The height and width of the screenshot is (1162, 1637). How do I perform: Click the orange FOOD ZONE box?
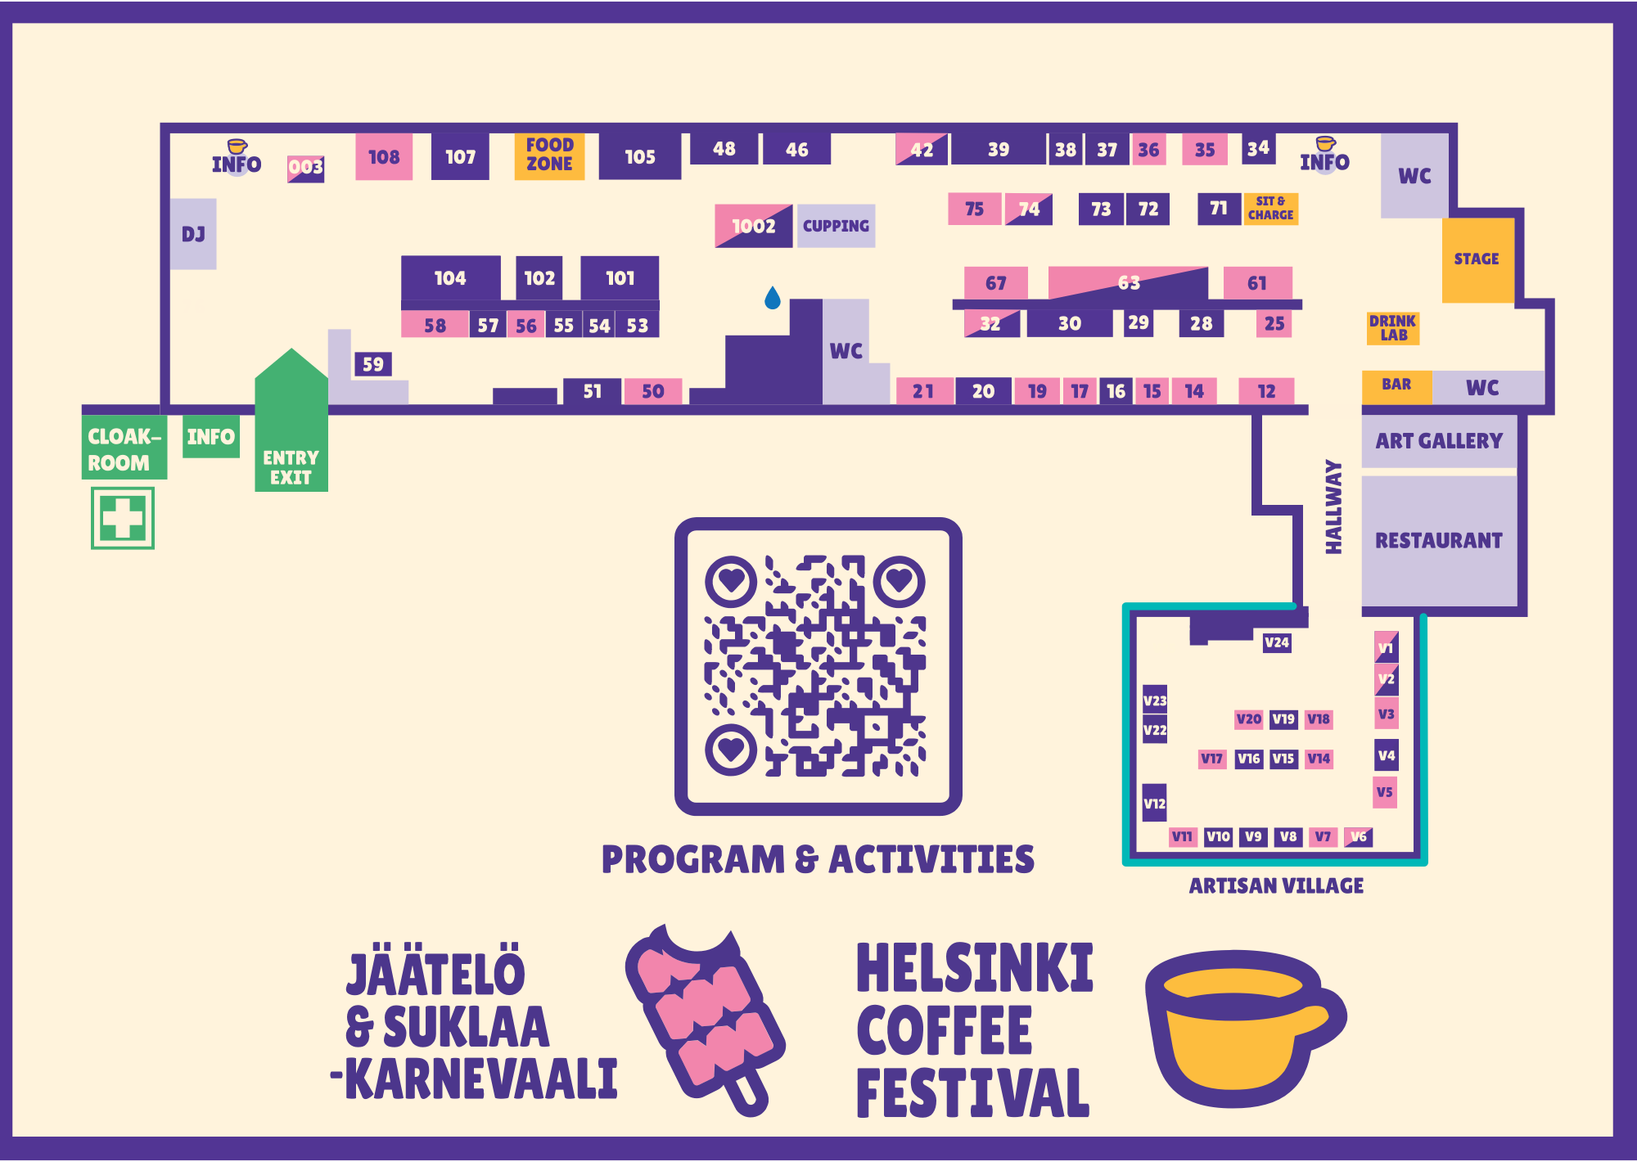click(x=549, y=155)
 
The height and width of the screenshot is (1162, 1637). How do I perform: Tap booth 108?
click(x=383, y=157)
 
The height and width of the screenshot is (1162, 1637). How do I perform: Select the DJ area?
click(x=193, y=234)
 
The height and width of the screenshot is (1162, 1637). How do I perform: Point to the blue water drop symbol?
click(x=772, y=298)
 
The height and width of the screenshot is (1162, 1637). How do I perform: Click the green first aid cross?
click(x=123, y=518)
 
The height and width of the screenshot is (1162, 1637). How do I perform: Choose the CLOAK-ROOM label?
click(x=124, y=448)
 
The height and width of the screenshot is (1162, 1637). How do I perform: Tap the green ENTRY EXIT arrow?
click(x=291, y=426)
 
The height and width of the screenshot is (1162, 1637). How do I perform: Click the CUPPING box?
click(x=836, y=226)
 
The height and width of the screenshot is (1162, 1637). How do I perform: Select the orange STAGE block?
click(x=1477, y=259)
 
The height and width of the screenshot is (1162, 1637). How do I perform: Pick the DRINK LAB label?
click(x=1392, y=327)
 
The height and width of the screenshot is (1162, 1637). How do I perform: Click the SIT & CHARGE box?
click(x=1270, y=209)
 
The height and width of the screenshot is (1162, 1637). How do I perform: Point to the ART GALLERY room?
click(x=1439, y=442)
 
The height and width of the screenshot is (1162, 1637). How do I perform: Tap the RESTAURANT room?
click(x=1439, y=541)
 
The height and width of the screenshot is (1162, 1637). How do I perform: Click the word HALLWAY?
click(x=1333, y=507)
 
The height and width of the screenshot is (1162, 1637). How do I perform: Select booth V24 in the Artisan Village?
click(x=1276, y=643)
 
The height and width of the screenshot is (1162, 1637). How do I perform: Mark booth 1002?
click(x=753, y=226)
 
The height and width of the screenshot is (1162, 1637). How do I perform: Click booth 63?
click(x=1128, y=283)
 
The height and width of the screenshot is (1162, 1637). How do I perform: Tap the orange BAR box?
click(x=1396, y=385)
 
